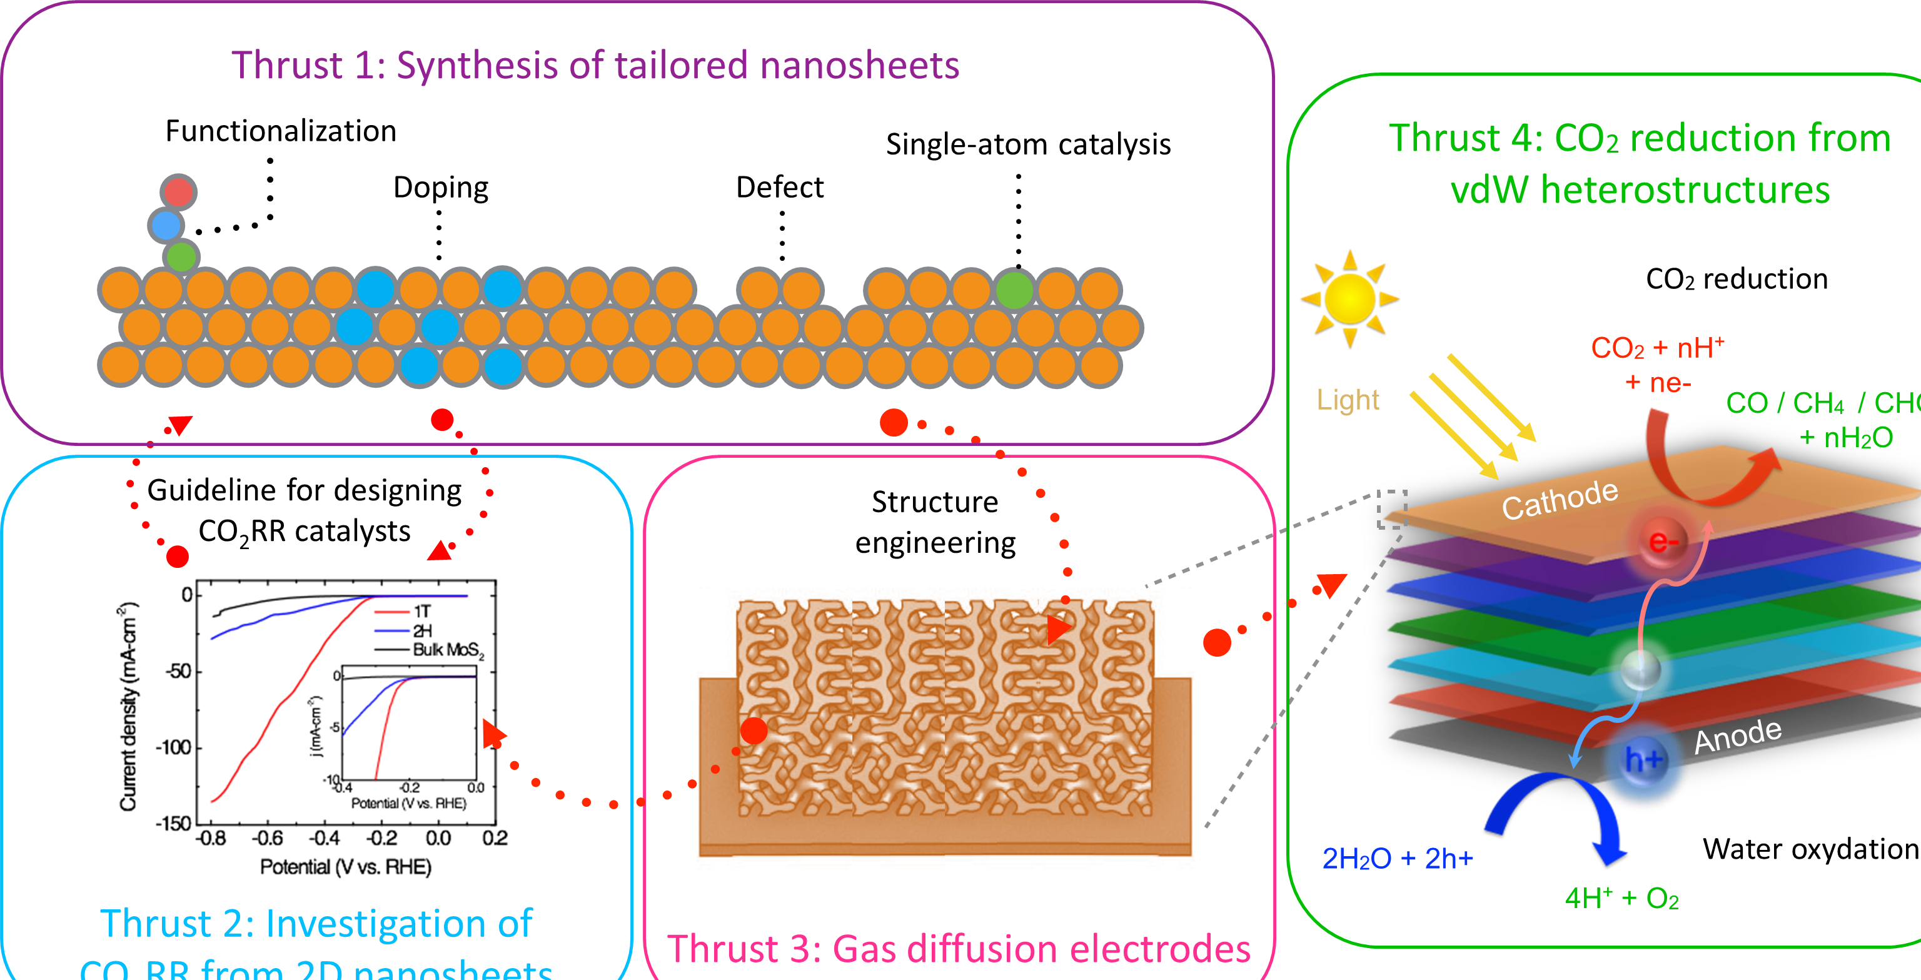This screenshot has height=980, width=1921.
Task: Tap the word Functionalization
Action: [x=280, y=131]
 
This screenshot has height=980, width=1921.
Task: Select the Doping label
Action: [x=441, y=187]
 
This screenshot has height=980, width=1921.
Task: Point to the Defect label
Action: [x=779, y=187]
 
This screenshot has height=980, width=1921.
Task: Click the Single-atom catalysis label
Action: [x=1027, y=144]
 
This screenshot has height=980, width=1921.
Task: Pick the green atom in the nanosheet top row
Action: [x=1014, y=290]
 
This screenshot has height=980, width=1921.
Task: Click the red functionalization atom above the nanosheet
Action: [x=178, y=191]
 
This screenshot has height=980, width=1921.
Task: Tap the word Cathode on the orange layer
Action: [x=1560, y=500]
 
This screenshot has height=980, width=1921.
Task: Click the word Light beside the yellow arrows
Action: [x=1348, y=400]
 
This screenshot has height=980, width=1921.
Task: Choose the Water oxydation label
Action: [x=1810, y=849]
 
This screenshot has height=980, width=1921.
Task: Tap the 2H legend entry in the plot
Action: [x=421, y=630]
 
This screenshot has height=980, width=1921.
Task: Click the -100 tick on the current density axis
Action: [x=174, y=747]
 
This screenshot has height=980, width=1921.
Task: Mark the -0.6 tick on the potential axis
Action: [x=267, y=838]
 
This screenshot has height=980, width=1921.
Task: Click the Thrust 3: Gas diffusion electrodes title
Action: [x=958, y=949]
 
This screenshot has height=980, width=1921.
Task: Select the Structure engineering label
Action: [x=935, y=522]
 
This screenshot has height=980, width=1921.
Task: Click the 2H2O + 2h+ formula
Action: [x=1397, y=859]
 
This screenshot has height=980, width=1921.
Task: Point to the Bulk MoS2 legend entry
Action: [x=448, y=650]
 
